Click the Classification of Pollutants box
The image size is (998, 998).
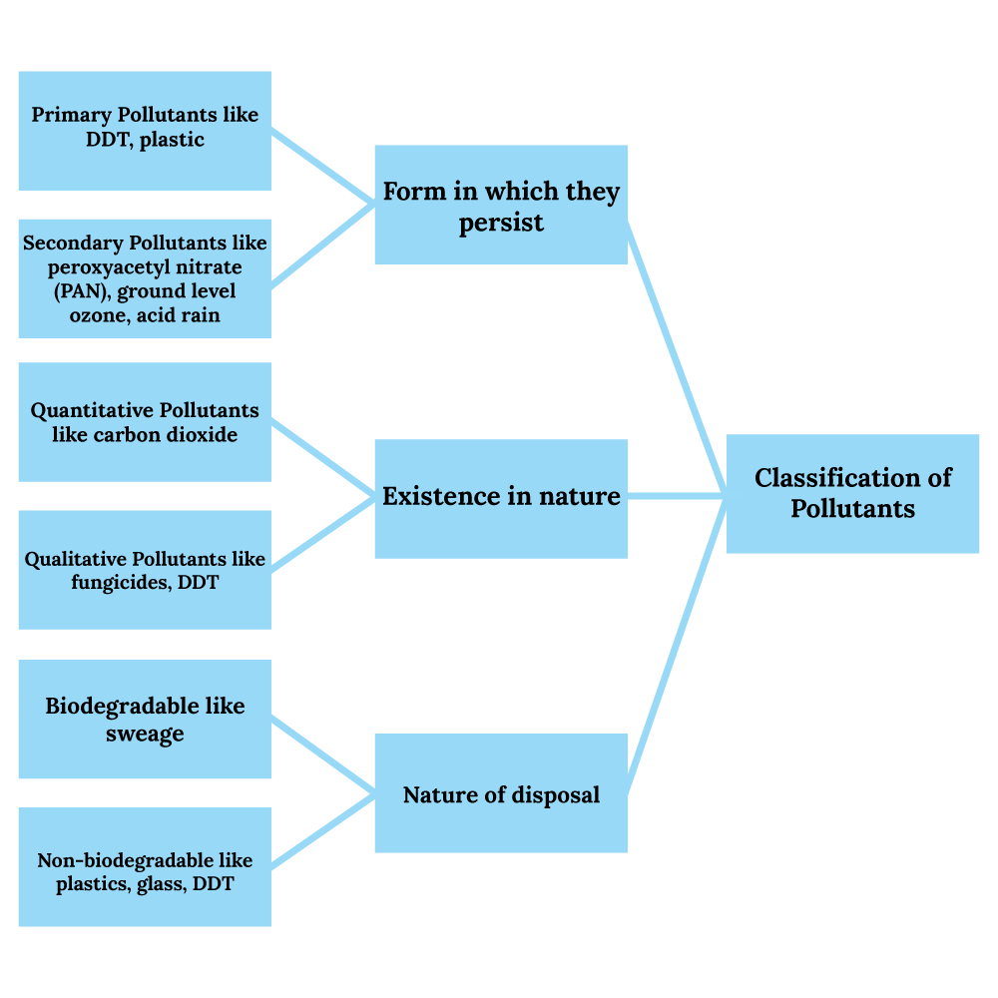click(x=852, y=493)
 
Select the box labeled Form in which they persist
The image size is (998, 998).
click(x=500, y=205)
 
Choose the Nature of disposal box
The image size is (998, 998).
click(x=500, y=793)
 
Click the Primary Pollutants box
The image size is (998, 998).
click(x=145, y=130)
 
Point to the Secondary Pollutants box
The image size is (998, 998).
click(x=145, y=278)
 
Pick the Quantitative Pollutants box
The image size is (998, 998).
click(x=145, y=422)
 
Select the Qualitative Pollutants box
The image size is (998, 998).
click(x=145, y=570)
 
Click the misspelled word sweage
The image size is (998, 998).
click(x=145, y=735)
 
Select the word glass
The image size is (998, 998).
click(x=160, y=884)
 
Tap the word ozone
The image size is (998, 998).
click(x=96, y=315)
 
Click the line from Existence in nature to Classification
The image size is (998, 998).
click(x=677, y=495)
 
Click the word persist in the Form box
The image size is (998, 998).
click(x=501, y=223)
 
